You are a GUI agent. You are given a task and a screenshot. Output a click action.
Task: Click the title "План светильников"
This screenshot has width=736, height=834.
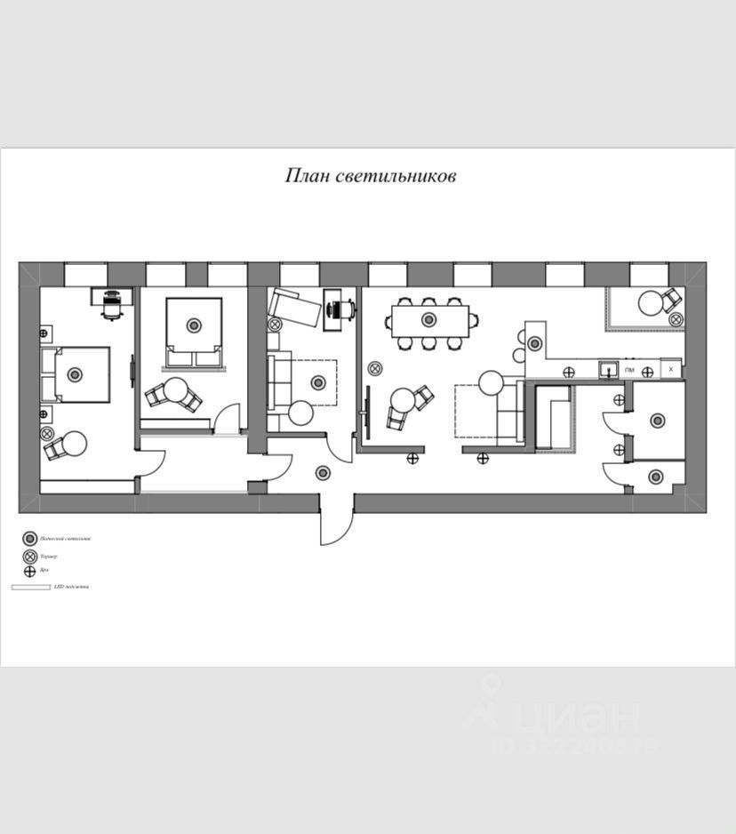(370, 176)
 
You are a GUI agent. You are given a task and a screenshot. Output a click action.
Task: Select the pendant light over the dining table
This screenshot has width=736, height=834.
(429, 319)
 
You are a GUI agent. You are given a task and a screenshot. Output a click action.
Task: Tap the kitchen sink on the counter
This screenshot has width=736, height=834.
(607, 369)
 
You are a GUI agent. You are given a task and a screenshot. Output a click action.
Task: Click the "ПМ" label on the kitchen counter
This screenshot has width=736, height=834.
(629, 370)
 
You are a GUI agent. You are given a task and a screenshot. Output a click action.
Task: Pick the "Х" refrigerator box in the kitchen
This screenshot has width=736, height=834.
(671, 368)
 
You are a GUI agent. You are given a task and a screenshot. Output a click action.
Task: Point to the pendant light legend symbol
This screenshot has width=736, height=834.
(29, 539)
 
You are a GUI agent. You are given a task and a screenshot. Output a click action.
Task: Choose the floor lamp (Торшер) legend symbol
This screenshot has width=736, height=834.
(29, 557)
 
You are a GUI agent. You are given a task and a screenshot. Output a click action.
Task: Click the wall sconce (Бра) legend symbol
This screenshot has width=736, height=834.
(29, 570)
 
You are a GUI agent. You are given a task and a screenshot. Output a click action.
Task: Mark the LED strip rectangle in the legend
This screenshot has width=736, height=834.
(30, 587)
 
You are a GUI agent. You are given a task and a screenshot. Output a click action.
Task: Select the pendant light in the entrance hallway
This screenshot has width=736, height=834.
(323, 472)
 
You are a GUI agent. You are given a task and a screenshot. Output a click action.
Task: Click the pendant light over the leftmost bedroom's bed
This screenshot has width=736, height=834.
(75, 374)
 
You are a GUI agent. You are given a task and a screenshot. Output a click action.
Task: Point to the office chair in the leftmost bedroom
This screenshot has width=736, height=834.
(112, 303)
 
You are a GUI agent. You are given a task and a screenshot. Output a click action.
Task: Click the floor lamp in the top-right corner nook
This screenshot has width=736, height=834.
(676, 318)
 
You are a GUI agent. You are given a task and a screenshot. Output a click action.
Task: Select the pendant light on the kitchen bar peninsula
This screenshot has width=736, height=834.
(535, 343)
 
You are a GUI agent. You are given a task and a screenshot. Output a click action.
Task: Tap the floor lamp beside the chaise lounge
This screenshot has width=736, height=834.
(275, 324)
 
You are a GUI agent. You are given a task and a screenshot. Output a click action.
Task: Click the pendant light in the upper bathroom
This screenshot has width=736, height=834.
(657, 421)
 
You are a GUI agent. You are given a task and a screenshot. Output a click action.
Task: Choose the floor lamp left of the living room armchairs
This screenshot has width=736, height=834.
(375, 368)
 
